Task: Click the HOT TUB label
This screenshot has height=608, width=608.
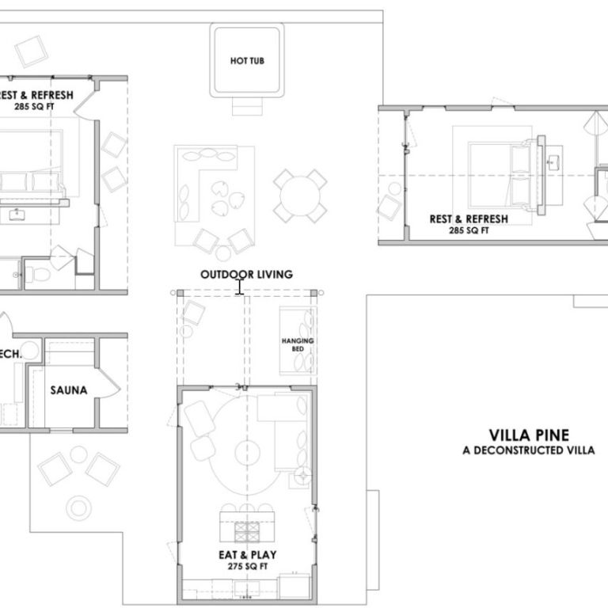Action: coord(247,60)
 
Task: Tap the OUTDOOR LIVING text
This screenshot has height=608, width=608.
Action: coord(246,275)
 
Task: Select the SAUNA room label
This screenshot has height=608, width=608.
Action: coord(68,390)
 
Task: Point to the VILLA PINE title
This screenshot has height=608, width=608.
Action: coord(529,435)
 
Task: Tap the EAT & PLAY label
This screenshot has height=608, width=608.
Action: coord(247,555)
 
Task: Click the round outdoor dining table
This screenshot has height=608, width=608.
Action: coord(301,195)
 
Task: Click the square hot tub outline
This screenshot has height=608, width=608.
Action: coord(247,60)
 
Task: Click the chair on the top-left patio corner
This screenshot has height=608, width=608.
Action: coord(32,51)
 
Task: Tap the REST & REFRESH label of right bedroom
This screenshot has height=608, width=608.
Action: coord(468,219)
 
